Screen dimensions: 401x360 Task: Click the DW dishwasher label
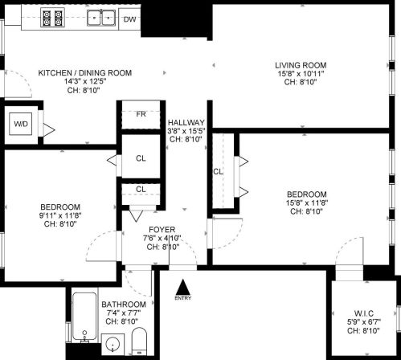[x=130, y=19]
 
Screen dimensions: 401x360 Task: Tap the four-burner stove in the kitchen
[x=53, y=18]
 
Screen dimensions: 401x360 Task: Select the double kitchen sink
[x=101, y=18]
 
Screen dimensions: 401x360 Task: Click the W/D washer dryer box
[x=21, y=124]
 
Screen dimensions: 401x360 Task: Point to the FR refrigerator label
[x=141, y=114]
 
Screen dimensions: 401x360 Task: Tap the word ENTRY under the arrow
[x=183, y=298]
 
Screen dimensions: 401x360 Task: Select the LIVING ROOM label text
[x=301, y=65]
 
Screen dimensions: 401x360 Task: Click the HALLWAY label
[x=186, y=122]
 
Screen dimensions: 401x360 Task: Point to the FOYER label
[x=162, y=230]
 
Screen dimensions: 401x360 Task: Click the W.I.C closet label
[x=364, y=313]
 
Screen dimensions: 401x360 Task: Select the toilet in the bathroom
[x=139, y=341]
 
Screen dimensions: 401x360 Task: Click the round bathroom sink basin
[x=113, y=344]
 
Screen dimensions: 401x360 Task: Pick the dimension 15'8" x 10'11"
[x=301, y=73]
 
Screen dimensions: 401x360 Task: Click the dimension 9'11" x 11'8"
[x=60, y=215]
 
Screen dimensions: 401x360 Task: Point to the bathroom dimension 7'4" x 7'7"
[x=124, y=313]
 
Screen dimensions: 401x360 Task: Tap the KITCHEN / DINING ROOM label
[x=85, y=72]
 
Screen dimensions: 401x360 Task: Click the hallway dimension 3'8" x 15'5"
[x=186, y=131]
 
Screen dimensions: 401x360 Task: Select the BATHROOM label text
[x=124, y=305]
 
